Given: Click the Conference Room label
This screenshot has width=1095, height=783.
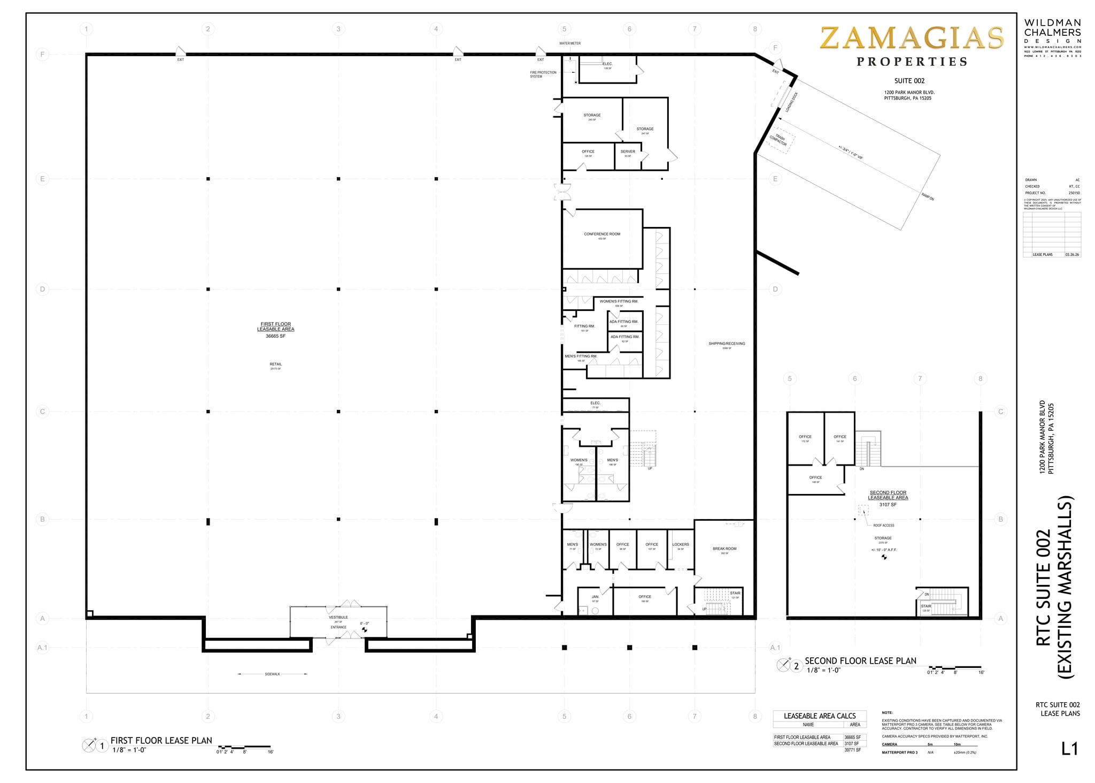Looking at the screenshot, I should (x=602, y=234).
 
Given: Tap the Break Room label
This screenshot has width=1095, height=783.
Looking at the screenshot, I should (x=724, y=549).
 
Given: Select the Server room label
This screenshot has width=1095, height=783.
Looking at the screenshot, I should (x=628, y=151).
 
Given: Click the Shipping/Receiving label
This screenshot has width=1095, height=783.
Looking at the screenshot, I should (x=727, y=344).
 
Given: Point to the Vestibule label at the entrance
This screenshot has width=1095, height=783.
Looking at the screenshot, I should (x=338, y=617).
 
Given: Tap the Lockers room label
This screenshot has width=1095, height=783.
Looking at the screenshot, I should (x=681, y=544).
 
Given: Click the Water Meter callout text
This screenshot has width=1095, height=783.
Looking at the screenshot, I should (x=569, y=43).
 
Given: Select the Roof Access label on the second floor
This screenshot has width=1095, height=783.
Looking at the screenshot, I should (x=883, y=525).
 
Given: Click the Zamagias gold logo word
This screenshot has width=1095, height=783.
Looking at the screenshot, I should (x=912, y=39).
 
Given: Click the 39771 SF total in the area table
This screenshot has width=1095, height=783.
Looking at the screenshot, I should (x=853, y=750).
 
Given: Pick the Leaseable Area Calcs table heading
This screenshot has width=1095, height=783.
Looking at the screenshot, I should (x=820, y=716).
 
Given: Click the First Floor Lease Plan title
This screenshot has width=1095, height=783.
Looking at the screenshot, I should (x=161, y=741).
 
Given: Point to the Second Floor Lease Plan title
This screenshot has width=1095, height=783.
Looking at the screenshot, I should (x=860, y=661).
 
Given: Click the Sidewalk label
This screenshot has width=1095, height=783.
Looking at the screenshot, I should (x=272, y=674).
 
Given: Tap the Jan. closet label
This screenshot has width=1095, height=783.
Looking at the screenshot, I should (x=595, y=597).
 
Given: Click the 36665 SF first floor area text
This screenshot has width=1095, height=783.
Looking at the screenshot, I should (x=275, y=336).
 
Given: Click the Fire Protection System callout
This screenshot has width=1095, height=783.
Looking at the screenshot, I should (x=543, y=74).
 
